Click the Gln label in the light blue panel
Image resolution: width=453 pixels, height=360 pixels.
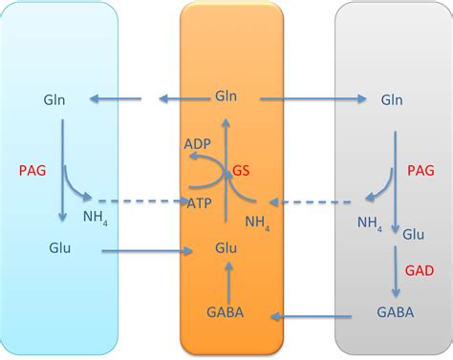coord(54,99)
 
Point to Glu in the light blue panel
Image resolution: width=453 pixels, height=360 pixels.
coord(60,248)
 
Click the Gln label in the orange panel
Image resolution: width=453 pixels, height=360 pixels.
coord(226,97)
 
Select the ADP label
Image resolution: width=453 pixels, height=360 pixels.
coord(198,143)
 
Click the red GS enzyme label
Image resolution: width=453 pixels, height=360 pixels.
coord(242,172)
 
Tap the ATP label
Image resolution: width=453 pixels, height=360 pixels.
coord(199,202)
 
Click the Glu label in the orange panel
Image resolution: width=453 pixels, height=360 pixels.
coord(226,250)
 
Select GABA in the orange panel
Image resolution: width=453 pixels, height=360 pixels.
coord(226,312)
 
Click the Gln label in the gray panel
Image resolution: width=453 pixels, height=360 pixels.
coord(391,99)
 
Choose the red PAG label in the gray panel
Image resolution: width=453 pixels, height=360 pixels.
coord(421,171)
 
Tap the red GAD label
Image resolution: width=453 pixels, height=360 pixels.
coord(421,271)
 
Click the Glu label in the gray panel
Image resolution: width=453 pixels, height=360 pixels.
coord(414,234)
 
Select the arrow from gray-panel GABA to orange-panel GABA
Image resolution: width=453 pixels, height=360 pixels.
coord(315,313)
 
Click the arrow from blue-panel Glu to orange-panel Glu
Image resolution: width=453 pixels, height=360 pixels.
coord(143,252)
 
